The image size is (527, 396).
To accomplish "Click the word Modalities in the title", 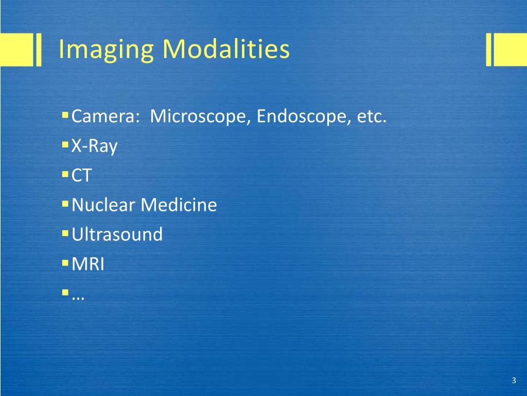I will click(226, 49).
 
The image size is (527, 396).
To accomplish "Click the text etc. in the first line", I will click(372, 117).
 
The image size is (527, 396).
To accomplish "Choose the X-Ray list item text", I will click(95, 146).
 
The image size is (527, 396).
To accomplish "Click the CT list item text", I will click(81, 176).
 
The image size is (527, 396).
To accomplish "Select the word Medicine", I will click(179, 205).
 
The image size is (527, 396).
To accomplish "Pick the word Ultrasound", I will click(117, 235).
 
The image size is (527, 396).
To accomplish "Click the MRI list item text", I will click(88, 265).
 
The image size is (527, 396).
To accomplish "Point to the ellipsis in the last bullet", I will click(79, 296).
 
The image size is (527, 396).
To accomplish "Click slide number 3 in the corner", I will click(514, 381).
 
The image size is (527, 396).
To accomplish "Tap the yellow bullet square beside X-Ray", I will click(65, 145).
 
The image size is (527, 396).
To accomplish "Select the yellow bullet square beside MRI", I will click(65, 263).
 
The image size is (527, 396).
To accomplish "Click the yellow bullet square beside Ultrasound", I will click(65, 234).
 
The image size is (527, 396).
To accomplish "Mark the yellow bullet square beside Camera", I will click(65, 115).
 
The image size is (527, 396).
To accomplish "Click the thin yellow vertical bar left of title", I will click(39, 49).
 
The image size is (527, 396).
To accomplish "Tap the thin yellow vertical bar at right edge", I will click(489, 49).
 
